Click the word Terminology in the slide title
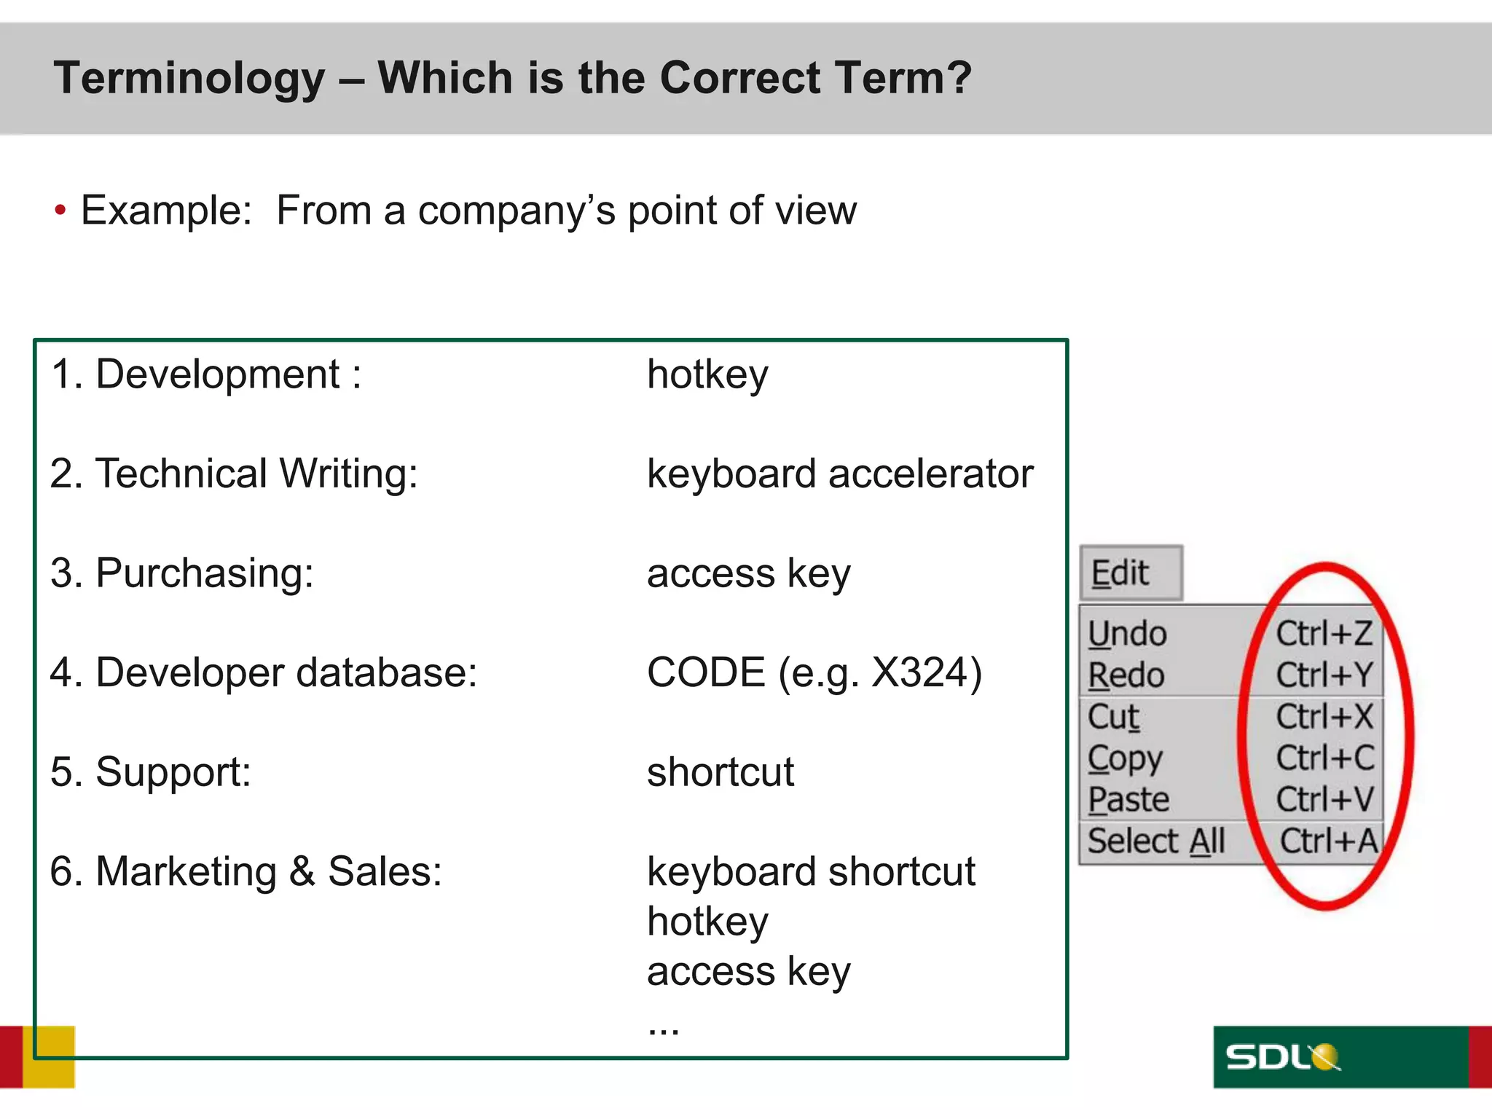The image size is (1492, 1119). point(189,79)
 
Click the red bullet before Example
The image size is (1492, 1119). point(60,211)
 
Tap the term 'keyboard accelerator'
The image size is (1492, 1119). point(839,474)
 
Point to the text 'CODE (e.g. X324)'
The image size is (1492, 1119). point(814,672)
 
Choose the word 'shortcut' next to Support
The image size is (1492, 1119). point(720,772)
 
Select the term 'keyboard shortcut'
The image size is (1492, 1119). point(810,872)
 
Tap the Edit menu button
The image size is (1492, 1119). point(1129,573)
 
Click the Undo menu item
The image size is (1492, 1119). point(1126,634)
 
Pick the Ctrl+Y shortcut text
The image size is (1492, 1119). point(1324,675)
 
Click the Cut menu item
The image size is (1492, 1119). point(1113,717)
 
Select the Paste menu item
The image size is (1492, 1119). point(1128,800)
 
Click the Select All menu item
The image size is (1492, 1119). point(1155,841)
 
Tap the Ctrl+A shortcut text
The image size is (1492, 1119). point(1328,841)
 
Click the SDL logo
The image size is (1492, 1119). point(1282,1057)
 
